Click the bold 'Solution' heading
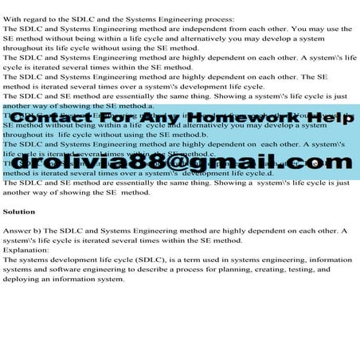(19, 212)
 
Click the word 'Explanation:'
(27, 250)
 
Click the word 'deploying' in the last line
(22, 279)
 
